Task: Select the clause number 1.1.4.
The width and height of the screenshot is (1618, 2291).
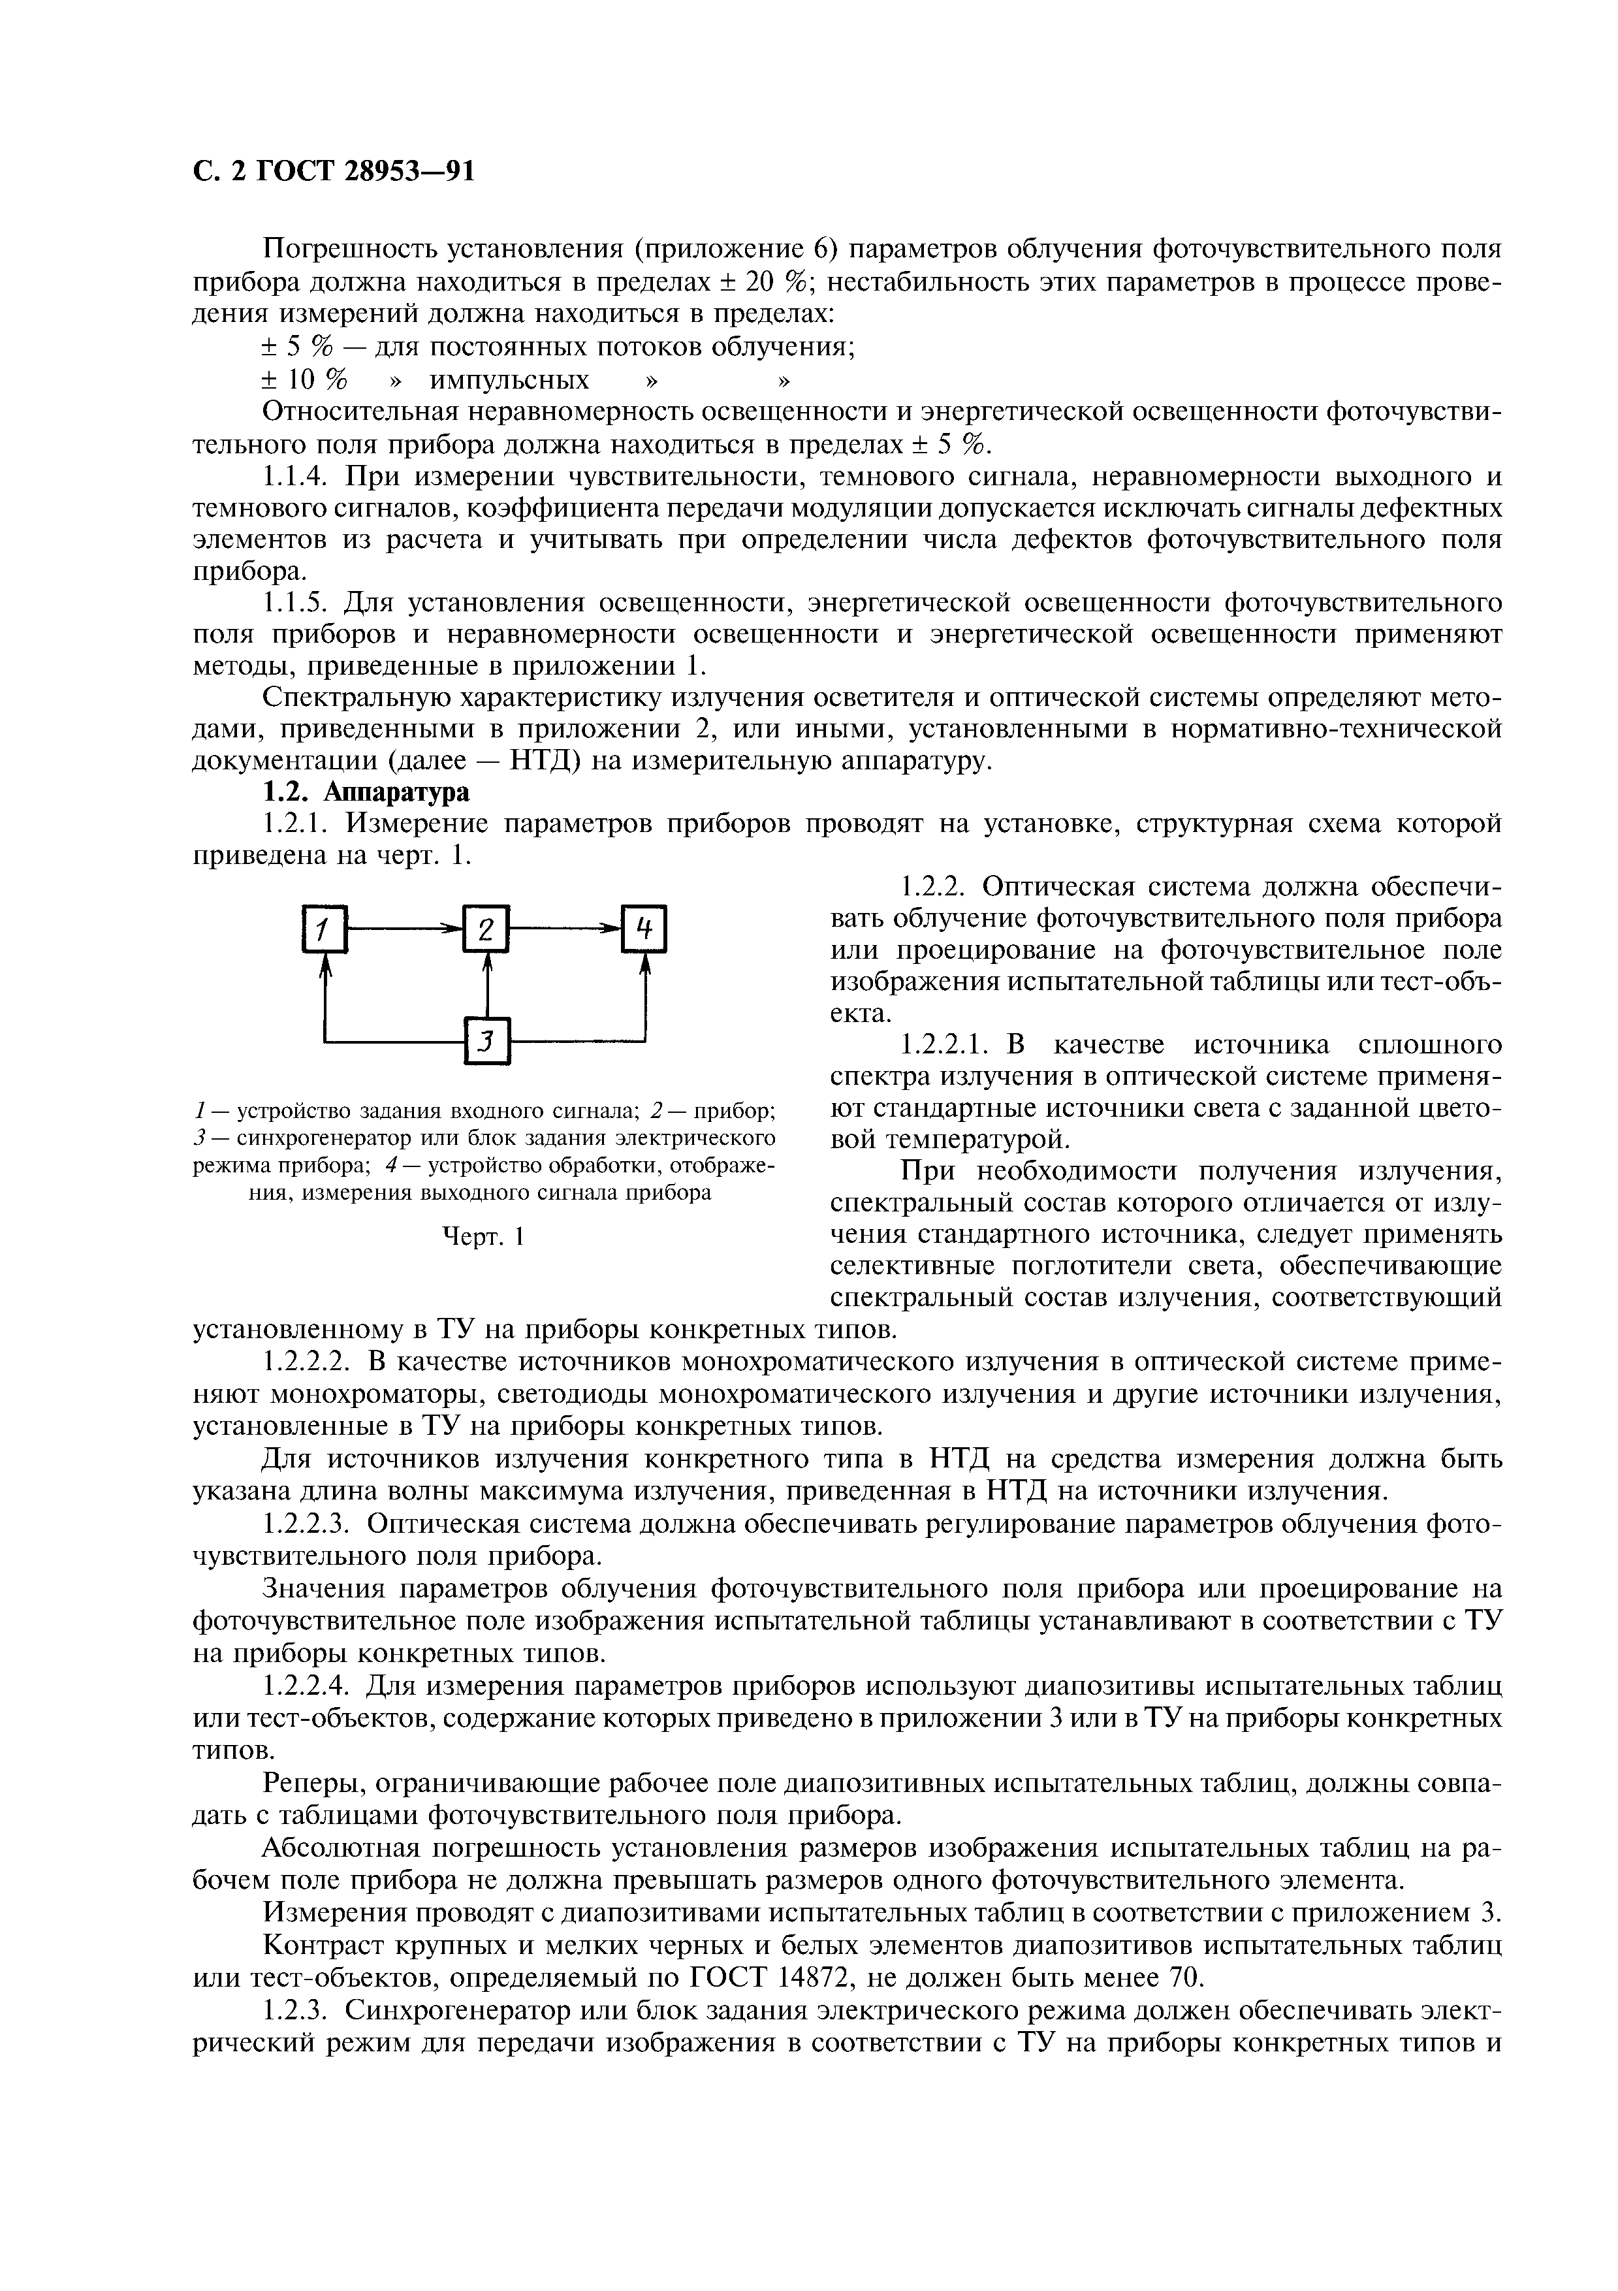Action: click(x=296, y=476)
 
